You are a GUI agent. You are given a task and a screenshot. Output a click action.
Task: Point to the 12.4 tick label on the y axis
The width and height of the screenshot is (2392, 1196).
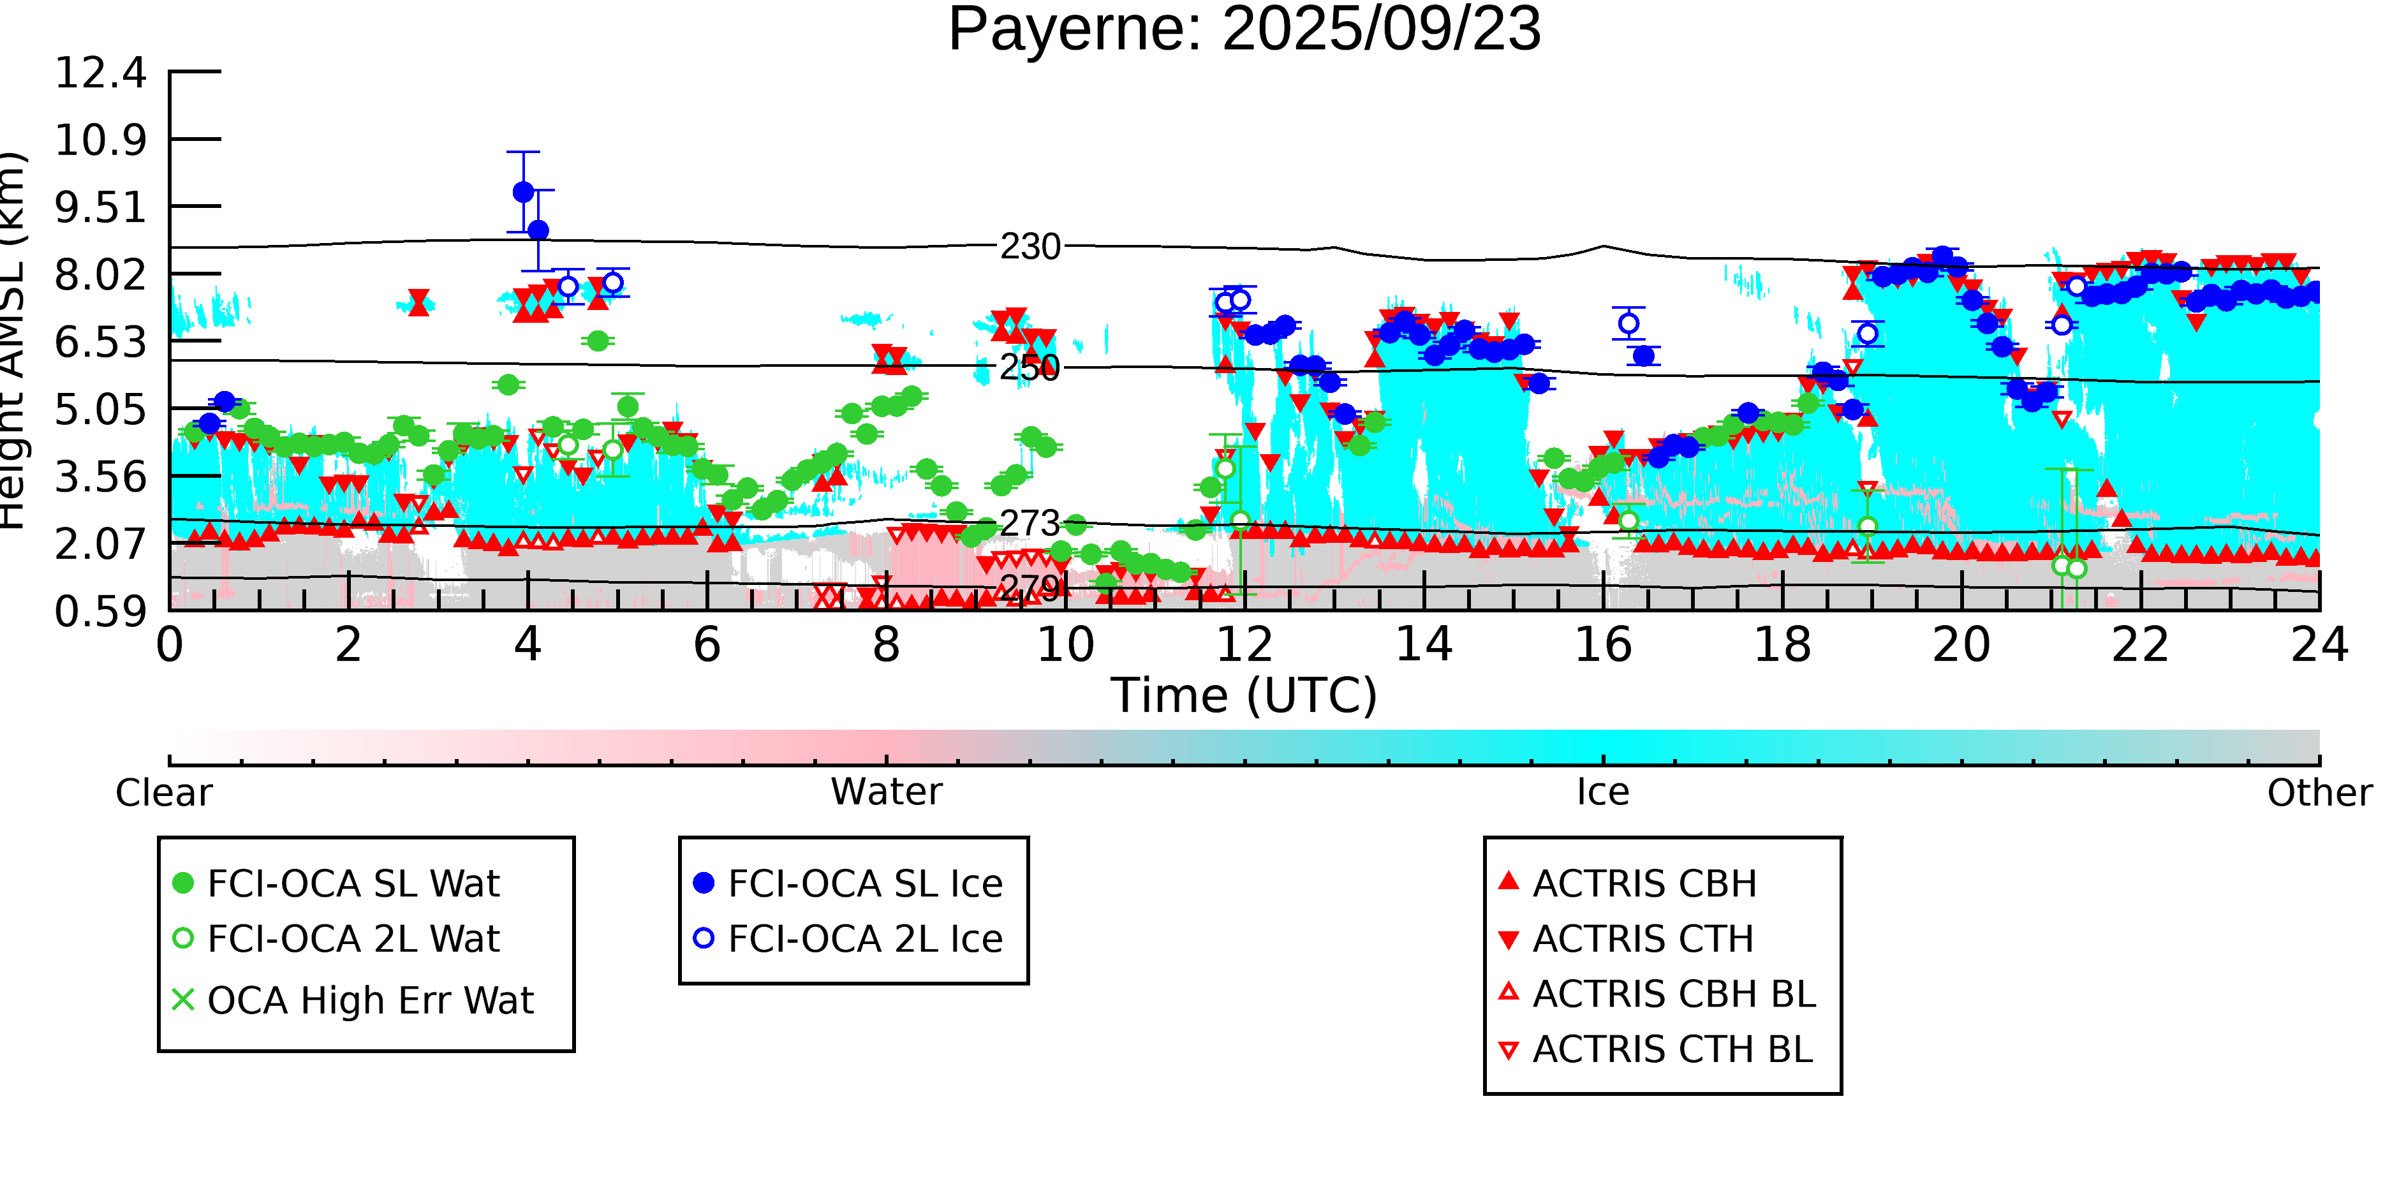pyautogui.click(x=100, y=73)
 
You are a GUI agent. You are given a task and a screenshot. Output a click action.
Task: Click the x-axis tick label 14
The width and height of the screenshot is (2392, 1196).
pyautogui.click(x=1424, y=644)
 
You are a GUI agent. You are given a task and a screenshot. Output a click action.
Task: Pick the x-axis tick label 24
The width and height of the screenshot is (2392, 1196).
pyautogui.click(x=2319, y=644)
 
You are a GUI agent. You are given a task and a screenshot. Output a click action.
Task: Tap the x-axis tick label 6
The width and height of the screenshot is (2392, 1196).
pyautogui.click(x=707, y=644)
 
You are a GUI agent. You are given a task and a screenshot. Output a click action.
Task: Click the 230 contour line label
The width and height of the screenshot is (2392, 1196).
pyautogui.click(x=1030, y=247)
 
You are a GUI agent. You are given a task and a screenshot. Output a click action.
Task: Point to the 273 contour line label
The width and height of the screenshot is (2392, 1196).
pyautogui.click(x=1030, y=524)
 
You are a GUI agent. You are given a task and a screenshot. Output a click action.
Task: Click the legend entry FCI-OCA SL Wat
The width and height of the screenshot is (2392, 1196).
pyautogui.click(x=353, y=883)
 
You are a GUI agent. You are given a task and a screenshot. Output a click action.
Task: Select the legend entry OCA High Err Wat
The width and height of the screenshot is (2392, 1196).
pyautogui.click(x=369, y=1000)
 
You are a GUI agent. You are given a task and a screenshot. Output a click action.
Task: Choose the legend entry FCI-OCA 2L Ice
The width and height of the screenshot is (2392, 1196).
pyautogui.click(x=864, y=939)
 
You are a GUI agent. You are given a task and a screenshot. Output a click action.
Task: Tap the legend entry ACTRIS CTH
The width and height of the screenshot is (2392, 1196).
pyautogui.click(x=1643, y=939)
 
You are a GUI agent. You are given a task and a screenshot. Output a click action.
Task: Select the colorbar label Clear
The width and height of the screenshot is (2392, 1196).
pyautogui.click(x=163, y=793)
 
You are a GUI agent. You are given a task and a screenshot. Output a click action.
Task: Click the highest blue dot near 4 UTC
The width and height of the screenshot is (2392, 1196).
pyautogui.click(x=524, y=192)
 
